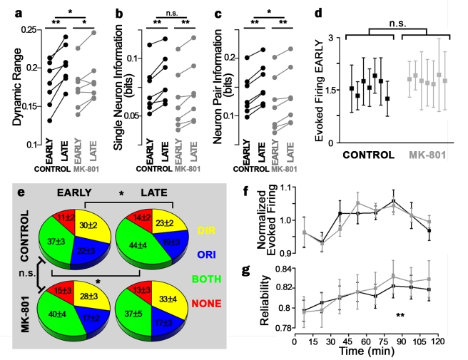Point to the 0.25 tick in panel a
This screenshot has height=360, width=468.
click(x=27, y=29)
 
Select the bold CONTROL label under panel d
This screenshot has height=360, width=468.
click(x=368, y=153)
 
